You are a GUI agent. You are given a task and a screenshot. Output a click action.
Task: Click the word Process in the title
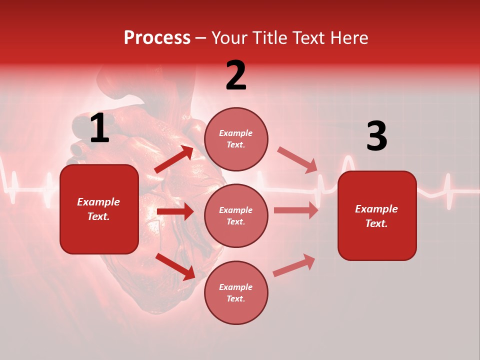click(x=157, y=38)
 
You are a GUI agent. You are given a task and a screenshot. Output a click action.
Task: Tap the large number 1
click(x=99, y=128)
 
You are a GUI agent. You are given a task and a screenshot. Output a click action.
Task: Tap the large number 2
click(x=236, y=75)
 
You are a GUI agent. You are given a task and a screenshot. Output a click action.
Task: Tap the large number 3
click(x=376, y=136)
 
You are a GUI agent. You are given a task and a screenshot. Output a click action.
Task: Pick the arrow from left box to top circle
click(x=173, y=159)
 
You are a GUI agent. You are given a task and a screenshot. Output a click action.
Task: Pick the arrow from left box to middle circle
click(x=175, y=211)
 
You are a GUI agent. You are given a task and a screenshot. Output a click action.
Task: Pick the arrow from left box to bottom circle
click(x=175, y=266)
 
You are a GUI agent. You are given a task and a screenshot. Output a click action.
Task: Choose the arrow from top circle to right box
click(x=297, y=160)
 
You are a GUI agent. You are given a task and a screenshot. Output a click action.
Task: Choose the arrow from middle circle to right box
click(x=296, y=210)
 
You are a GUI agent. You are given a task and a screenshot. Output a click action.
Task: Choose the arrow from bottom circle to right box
click(x=294, y=265)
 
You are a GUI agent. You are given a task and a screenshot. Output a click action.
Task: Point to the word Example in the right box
click(x=376, y=209)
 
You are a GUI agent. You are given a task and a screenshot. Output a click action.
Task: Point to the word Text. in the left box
click(x=99, y=216)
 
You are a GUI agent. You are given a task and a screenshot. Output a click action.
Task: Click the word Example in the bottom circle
click(x=236, y=287)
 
